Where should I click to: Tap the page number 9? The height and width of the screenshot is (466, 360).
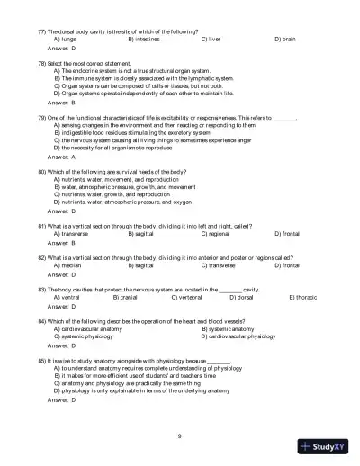pyautogui.click(x=180, y=435)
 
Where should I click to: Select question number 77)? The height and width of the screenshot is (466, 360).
pyautogui.click(x=41, y=31)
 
